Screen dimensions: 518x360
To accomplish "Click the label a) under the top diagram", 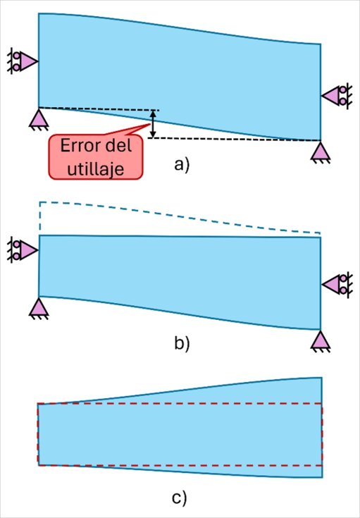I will click(182, 166).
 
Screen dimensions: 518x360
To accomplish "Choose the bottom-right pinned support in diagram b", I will click(321, 341).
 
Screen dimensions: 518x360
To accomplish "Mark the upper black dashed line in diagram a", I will click(99, 109).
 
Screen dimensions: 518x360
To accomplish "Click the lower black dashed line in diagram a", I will click(232, 139).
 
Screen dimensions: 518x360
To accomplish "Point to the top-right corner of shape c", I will click(322, 378).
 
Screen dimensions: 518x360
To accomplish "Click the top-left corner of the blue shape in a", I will click(39, 13).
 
